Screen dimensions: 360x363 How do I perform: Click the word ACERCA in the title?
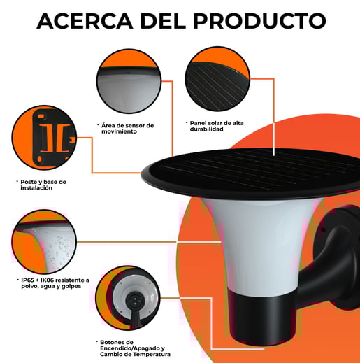pyautogui.click(x=85, y=21)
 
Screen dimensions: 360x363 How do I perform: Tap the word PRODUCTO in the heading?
pyautogui.click(x=259, y=21)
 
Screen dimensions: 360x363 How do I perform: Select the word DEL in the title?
pyautogui.click(x=163, y=21)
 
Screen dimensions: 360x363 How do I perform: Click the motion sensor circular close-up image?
pyautogui.click(x=129, y=81)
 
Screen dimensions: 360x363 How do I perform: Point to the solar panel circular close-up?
pyautogui.click(x=217, y=79)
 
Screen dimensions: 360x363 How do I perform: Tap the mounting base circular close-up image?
pyautogui.click(x=44, y=138)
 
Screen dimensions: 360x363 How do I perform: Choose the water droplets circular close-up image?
pyautogui.click(x=44, y=242)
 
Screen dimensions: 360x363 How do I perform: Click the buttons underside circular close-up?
pyautogui.click(x=128, y=298)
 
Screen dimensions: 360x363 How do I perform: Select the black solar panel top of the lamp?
pyautogui.click(x=250, y=173)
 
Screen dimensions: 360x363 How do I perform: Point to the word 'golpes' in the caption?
pyautogui.click(x=71, y=286)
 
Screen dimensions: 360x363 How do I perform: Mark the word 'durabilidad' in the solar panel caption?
pyautogui.click(x=206, y=129)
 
